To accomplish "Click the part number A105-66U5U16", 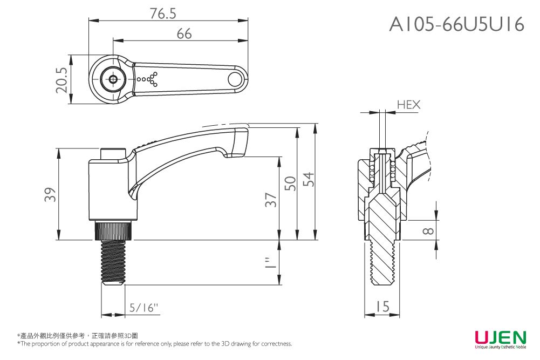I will (x=456, y=24).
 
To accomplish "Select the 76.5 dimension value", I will (x=163, y=14).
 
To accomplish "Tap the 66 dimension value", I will (x=184, y=33).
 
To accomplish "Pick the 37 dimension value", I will (x=271, y=200).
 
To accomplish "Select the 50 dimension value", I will (x=290, y=183).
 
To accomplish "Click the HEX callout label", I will (x=408, y=105).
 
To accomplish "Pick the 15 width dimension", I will (x=382, y=307).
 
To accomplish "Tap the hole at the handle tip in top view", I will (x=235, y=79).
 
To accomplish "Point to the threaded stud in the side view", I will (x=113, y=262).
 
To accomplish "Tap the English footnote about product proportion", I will (x=154, y=344).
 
